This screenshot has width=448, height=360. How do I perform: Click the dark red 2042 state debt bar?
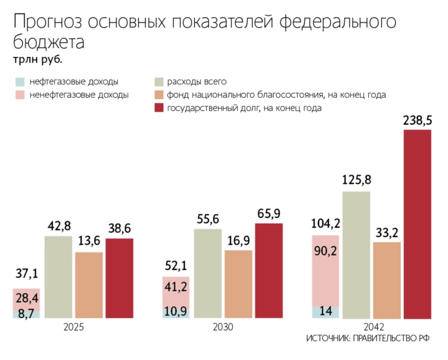(417, 225)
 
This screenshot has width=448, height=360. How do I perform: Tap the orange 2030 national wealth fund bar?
(238, 284)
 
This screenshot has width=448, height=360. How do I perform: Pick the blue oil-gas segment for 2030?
(176, 312)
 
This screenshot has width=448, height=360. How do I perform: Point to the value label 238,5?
(417, 121)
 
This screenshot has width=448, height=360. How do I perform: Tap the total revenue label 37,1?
(27, 274)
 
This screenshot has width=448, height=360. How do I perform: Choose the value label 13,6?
(89, 241)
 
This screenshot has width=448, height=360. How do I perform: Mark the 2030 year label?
(222, 327)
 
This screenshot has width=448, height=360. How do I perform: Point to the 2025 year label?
(73, 327)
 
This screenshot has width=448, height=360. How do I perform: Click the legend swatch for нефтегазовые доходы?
(20, 82)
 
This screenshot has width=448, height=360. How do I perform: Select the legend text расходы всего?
(197, 82)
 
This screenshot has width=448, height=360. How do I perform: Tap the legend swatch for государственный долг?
(158, 108)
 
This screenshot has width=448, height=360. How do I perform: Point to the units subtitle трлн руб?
(37, 60)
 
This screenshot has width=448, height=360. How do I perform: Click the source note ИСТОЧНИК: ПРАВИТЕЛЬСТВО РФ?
(368, 339)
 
